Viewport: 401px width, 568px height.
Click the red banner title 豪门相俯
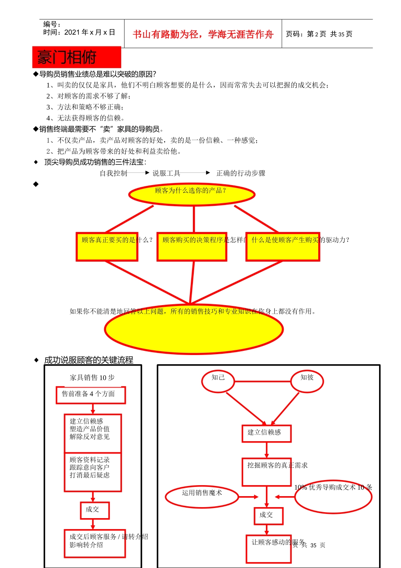pyautogui.click(x=76, y=57)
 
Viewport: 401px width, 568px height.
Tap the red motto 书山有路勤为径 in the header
pyautogui.click(x=203, y=34)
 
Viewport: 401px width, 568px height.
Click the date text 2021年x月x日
pyautogui.click(x=89, y=32)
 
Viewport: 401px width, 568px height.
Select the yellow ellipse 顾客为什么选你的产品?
pyautogui.click(x=192, y=194)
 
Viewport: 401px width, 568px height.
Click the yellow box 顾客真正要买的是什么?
pyautogui.click(x=107, y=246)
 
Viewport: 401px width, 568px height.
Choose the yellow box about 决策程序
pyautogui.click(x=192, y=246)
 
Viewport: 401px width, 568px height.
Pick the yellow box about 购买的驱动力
pyautogui.click(x=283, y=246)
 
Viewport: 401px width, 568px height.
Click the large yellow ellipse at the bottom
pyautogui.click(x=194, y=330)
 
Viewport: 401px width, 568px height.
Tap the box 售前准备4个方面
pyautogui.click(x=91, y=395)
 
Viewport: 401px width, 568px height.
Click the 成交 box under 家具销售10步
pyautogui.click(x=95, y=510)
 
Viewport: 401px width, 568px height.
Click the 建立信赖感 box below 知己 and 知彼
pyautogui.click(x=266, y=433)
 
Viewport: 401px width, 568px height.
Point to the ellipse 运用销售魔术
pyautogui.click(x=202, y=497)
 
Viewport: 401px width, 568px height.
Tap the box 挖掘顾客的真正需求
pyautogui.click(x=267, y=472)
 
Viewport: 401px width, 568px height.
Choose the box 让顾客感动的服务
pyautogui.click(x=269, y=549)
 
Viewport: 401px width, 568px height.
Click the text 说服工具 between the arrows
pyautogui.click(x=166, y=173)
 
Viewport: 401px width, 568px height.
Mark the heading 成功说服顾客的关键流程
pyautogui.click(x=89, y=360)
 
